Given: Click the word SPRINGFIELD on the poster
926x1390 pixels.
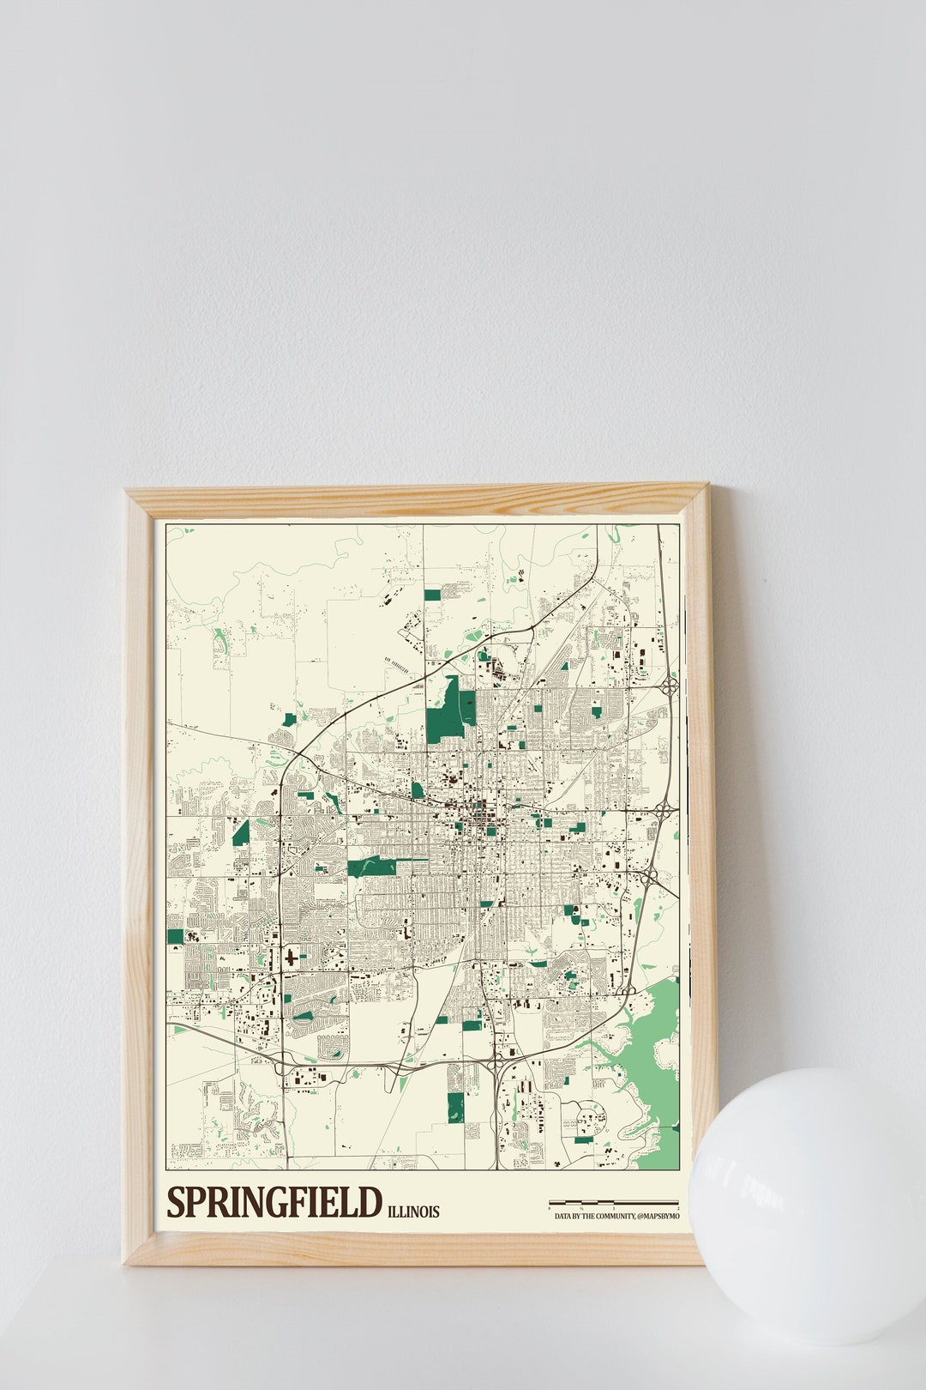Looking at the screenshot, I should [274, 1202].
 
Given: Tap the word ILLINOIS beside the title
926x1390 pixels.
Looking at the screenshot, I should [413, 1212].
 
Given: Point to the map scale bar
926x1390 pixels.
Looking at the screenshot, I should [613, 1203].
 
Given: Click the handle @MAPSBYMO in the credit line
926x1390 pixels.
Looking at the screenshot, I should [658, 1217].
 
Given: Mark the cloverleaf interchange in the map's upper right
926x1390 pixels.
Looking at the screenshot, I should [670, 685].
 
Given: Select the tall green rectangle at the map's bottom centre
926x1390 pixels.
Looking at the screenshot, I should [455, 1107].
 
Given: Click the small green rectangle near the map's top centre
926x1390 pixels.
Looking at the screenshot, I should [431, 594].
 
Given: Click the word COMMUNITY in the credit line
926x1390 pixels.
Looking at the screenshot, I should [610, 1217].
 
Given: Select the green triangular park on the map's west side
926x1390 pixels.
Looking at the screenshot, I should [241, 832].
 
